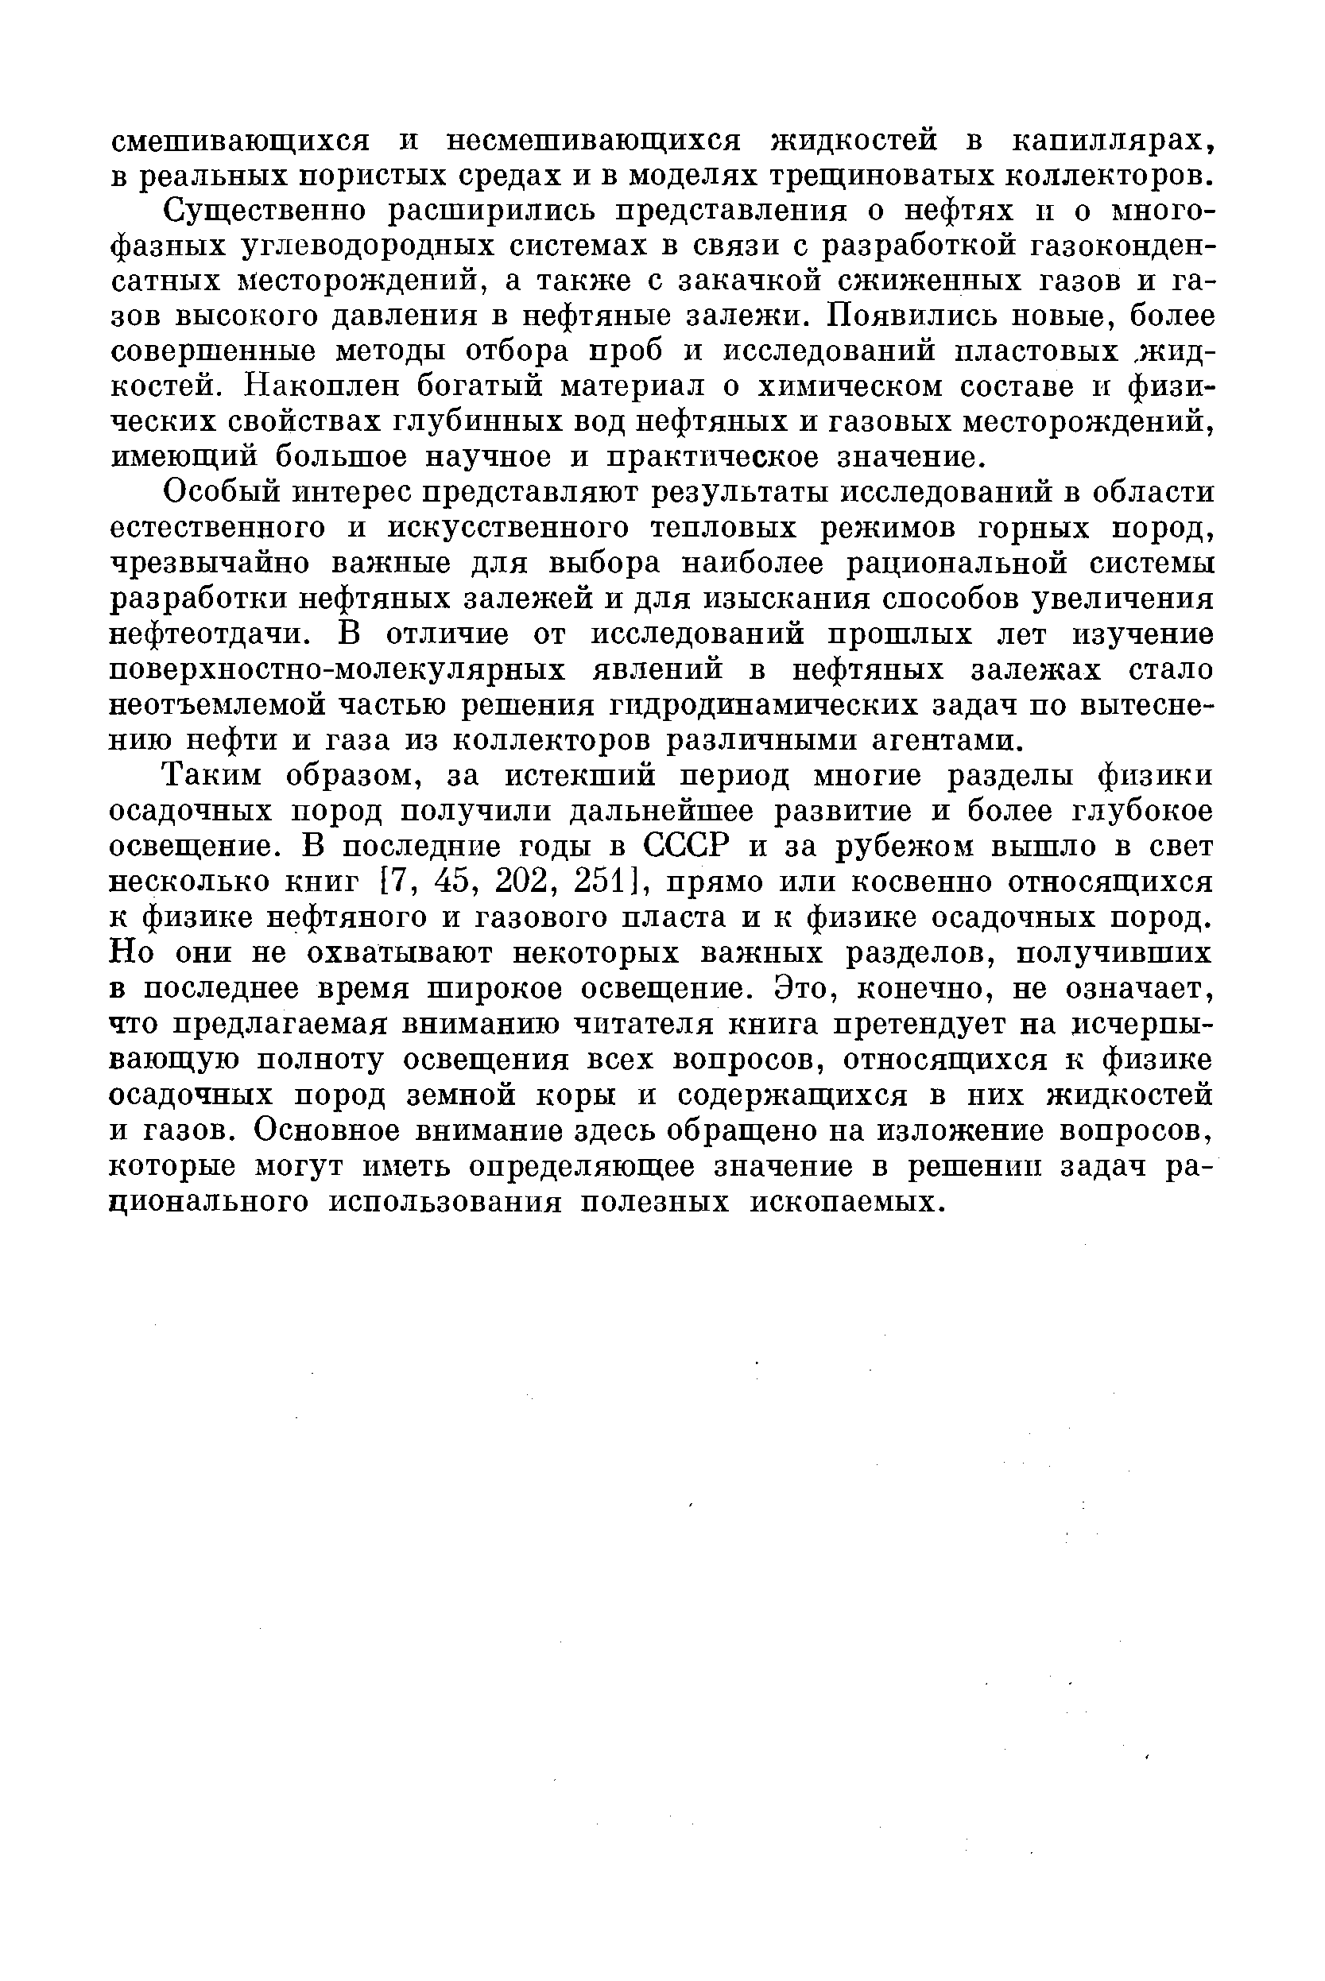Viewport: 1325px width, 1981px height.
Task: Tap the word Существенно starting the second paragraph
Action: tap(265, 211)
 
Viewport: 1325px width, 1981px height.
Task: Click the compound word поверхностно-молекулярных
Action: tap(339, 669)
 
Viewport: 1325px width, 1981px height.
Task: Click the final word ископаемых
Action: tap(846, 1202)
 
